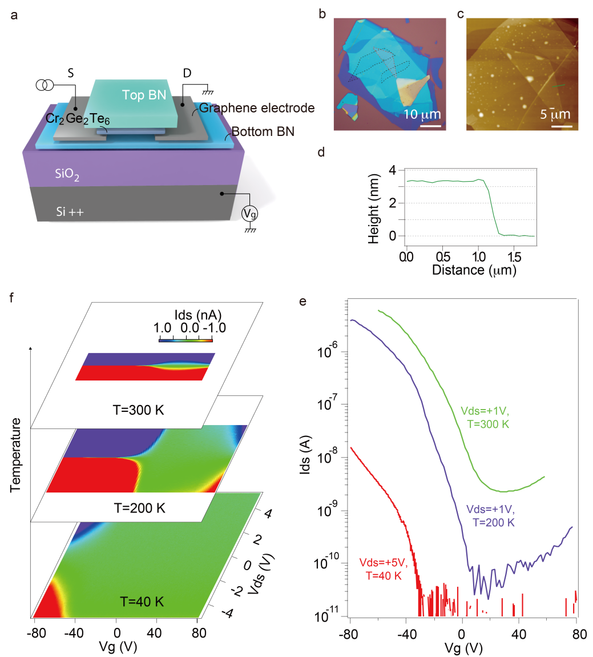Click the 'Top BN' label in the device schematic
pyautogui.click(x=144, y=95)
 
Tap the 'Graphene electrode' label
pyautogui.click(x=257, y=108)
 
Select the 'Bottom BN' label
pyautogui.click(x=263, y=131)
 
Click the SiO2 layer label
pyautogui.click(x=67, y=174)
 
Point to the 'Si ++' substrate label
pyautogui.click(x=69, y=211)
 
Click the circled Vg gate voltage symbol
pyautogui.click(x=249, y=213)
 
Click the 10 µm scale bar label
pyautogui.click(x=422, y=114)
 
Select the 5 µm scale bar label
pyautogui.click(x=555, y=114)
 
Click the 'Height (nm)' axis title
pyautogui.click(x=374, y=206)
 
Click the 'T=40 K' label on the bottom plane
pyautogui.click(x=142, y=601)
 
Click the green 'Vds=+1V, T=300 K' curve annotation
pyautogui.click(x=485, y=417)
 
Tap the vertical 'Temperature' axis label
pyautogui.click(x=15, y=454)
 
